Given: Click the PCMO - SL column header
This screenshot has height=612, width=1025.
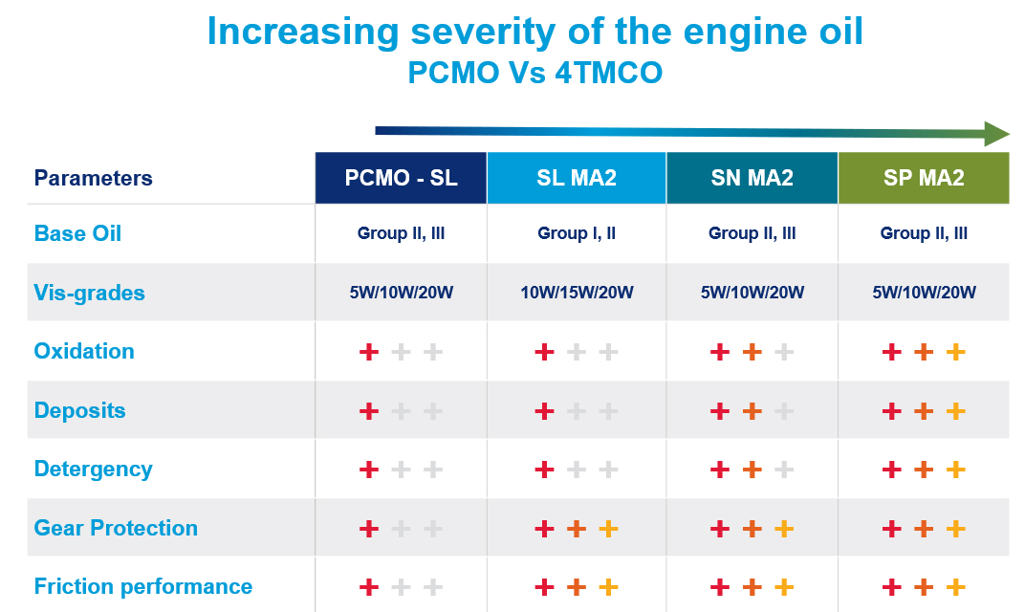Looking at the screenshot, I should tap(401, 178).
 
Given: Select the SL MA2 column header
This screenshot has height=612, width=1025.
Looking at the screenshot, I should tap(577, 178).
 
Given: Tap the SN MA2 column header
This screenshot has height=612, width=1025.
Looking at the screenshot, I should tap(752, 178).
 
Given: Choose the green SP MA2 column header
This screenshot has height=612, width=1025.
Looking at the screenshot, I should tap(924, 178).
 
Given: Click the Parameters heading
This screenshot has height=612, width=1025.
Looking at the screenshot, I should tap(93, 178).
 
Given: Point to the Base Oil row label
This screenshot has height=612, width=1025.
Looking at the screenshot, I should tap(77, 233).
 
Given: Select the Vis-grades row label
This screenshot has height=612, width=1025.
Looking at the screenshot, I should tap(89, 293).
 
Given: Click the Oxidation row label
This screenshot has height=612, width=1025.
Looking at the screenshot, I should tap(84, 351).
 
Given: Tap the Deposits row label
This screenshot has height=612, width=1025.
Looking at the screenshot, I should tap(79, 410).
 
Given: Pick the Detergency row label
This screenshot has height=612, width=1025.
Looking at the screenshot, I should tap(93, 469).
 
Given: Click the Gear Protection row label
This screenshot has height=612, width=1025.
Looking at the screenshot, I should tap(116, 528).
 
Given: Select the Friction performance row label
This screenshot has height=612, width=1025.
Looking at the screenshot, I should tap(143, 586).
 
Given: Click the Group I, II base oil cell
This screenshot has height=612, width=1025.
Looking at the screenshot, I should tap(577, 233).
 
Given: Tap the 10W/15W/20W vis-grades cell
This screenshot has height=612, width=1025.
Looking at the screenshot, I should tap(577, 293).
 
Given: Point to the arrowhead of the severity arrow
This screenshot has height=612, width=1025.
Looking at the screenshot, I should tap(996, 134).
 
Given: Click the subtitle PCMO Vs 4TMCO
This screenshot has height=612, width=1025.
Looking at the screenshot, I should tap(534, 74).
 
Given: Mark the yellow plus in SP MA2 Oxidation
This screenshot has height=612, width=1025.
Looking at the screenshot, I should tap(955, 352).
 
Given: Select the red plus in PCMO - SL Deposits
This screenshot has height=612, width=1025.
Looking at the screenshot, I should tap(369, 411).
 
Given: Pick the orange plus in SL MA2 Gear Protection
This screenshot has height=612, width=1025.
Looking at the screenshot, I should tap(577, 529).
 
